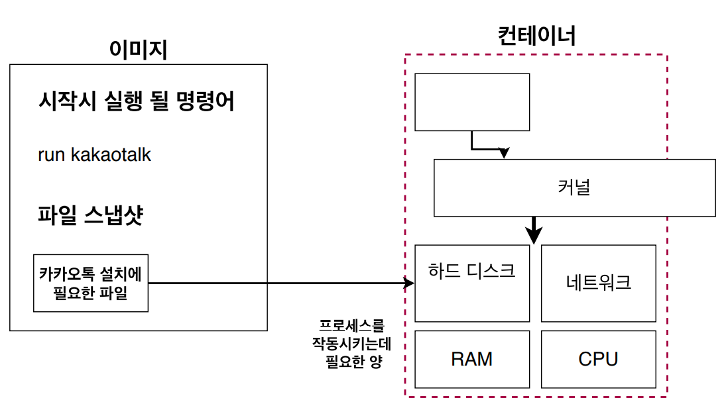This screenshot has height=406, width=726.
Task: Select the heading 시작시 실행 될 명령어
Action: [137, 102]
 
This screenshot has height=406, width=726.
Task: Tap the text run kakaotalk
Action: [95, 155]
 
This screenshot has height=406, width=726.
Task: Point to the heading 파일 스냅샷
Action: [91, 216]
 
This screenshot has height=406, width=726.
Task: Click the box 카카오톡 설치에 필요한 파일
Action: [91, 283]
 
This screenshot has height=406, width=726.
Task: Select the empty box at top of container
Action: [472, 102]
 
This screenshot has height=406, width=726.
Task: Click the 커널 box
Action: [574, 187]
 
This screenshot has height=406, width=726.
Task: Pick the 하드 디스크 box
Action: [472, 283]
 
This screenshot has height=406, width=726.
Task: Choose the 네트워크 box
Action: [599, 283]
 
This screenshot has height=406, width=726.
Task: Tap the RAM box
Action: [472, 359]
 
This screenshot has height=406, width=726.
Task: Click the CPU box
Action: [599, 359]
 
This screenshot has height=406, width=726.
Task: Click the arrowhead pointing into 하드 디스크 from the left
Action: [409, 283]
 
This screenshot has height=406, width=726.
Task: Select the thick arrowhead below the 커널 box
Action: [534, 234]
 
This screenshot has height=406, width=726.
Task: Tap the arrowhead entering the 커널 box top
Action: [504, 154]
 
